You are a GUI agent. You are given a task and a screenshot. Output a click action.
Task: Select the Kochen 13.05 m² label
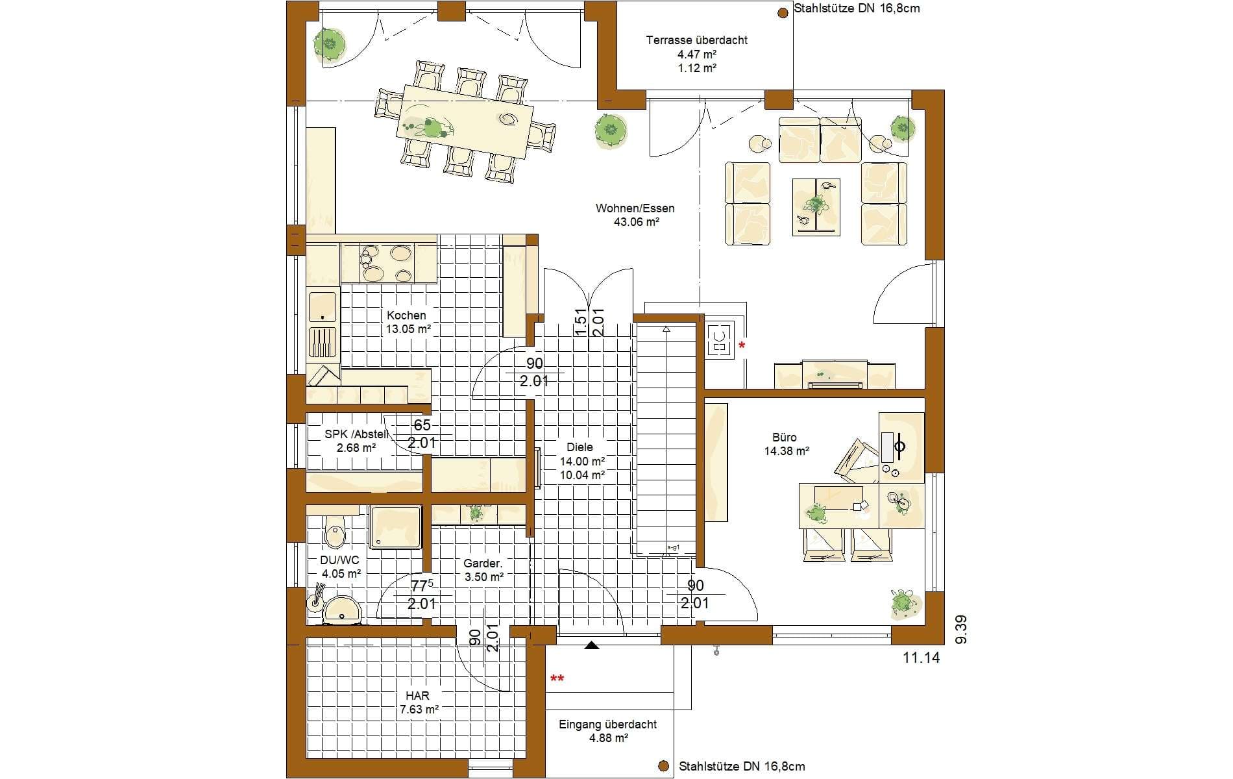(x=408, y=322)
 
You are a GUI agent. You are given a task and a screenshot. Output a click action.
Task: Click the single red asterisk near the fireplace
(x=742, y=345)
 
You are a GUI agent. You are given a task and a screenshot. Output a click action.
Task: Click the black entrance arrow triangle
(x=591, y=645)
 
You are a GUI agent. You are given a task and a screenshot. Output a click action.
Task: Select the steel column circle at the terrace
(x=783, y=12)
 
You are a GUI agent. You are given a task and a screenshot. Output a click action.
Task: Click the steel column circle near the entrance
(x=663, y=766)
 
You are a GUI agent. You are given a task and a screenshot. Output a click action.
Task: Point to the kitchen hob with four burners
(x=387, y=263)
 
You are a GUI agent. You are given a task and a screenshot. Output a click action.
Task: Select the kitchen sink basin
(x=323, y=306)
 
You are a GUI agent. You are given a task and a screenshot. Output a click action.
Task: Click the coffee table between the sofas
(x=816, y=207)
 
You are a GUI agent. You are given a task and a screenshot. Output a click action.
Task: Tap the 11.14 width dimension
(x=922, y=658)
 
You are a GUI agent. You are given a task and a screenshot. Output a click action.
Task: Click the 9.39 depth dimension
(x=961, y=630)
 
